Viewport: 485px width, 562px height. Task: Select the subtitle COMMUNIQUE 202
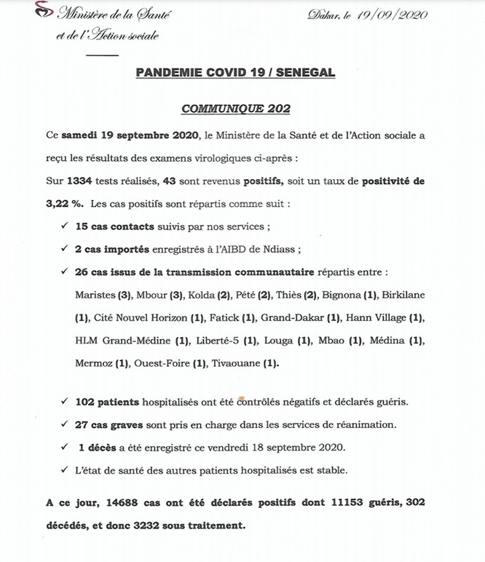(236, 109)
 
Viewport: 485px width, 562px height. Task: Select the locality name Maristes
(95, 295)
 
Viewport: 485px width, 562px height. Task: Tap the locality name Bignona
(337, 295)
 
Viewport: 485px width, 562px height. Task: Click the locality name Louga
(280, 340)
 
